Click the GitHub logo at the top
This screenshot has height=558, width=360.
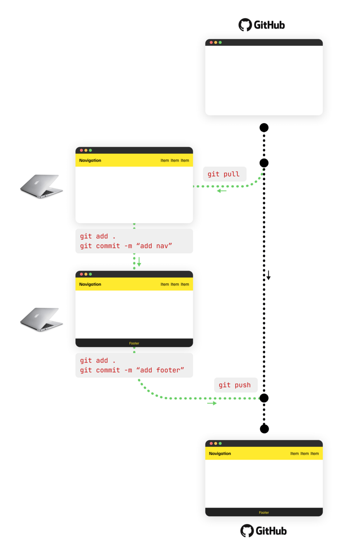[262, 25]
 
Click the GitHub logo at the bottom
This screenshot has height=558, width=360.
[263, 531]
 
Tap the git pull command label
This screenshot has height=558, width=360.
[224, 174]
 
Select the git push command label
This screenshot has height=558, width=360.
[235, 385]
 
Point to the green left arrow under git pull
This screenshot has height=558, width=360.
[222, 191]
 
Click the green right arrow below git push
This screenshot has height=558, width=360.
[212, 403]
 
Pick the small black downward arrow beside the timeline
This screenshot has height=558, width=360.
[268, 275]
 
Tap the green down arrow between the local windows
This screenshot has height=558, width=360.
[139, 262]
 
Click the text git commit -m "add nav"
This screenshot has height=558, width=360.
[126, 247]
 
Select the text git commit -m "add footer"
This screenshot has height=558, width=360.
[132, 370]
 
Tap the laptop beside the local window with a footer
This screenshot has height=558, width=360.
[41, 320]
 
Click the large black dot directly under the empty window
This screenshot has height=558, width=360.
[264, 127]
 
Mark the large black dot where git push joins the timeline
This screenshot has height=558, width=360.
[264, 398]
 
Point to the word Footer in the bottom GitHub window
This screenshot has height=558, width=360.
[264, 513]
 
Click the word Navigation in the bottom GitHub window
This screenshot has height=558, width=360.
[220, 453]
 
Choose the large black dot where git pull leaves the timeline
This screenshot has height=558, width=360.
[264, 163]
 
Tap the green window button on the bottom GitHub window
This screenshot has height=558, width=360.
[220, 443]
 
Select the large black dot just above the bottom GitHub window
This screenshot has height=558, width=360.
[264, 429]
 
